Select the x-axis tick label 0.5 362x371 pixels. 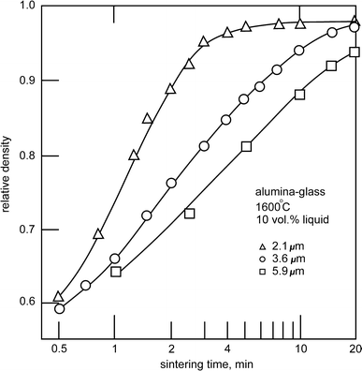point(59,347)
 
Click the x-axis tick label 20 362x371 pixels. point(355,347)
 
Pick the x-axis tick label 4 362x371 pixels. point(226,347)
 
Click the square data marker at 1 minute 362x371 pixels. point(116,271)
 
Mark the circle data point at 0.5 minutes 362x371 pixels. point(59,308)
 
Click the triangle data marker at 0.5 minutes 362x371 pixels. point(59,296)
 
